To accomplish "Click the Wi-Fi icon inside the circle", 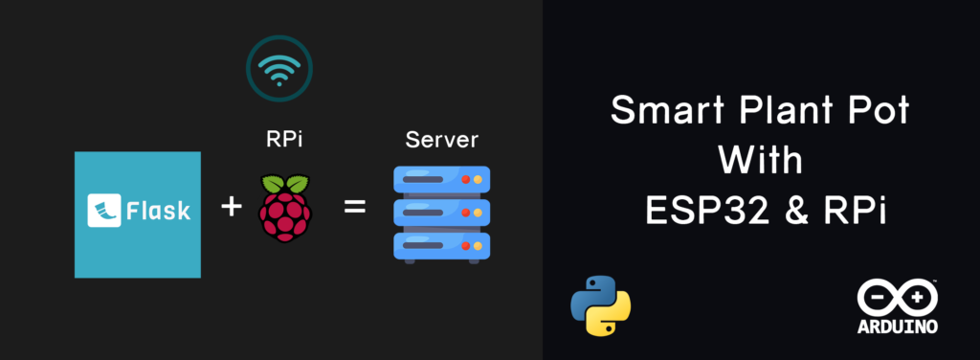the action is (278, 69).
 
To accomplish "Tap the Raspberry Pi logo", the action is (285, 208).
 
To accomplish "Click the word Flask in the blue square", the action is (158, 211).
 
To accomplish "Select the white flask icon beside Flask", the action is (103, 210).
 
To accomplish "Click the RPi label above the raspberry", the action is (283, 139).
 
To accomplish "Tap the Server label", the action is (441, 139).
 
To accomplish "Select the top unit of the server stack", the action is (442, 179).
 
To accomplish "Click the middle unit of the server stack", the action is (442, 213).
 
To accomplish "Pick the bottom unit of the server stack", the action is (442, 246).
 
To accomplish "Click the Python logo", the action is (601, 304).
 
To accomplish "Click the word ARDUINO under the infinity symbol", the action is (898, 326).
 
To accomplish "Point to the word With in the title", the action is (760, 161).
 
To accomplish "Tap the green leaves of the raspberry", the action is (285, 184).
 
